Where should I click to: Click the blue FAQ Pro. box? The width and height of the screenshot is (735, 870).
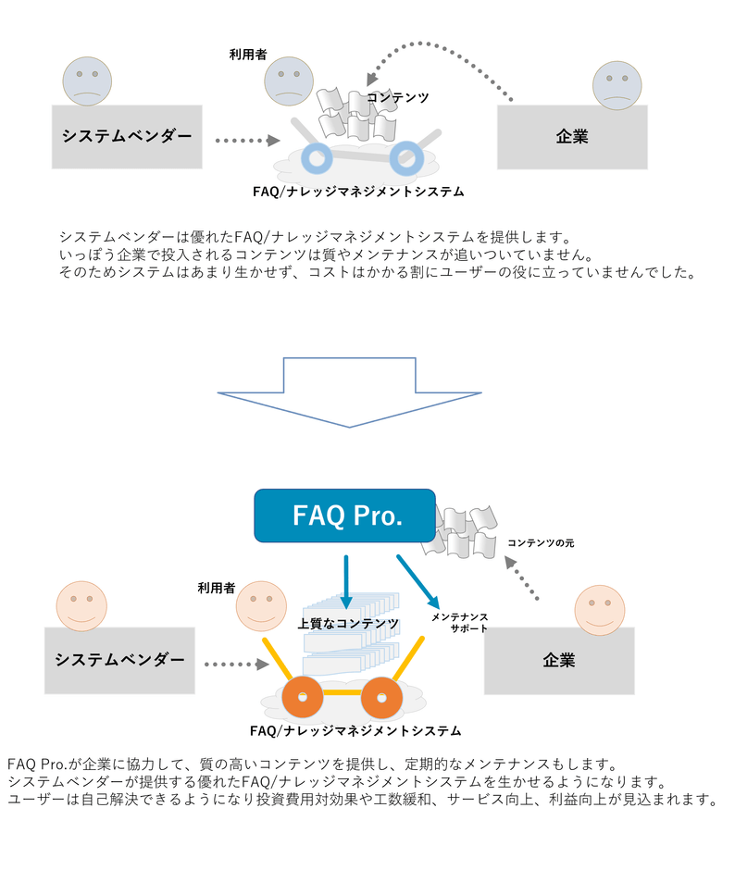344,516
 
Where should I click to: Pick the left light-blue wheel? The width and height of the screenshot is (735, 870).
317,158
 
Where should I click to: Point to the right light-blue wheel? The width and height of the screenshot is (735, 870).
405,158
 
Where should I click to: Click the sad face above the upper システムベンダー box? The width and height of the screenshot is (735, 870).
87,81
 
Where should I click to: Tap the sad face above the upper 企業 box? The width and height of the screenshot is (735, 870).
617,84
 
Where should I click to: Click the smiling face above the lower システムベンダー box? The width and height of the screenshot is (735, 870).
81,605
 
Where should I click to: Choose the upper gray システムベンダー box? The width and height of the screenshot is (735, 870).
127,136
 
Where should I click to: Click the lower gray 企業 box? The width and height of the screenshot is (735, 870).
558,661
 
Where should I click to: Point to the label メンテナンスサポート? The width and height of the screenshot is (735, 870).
459,622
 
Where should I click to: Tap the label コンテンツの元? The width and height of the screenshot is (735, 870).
541,542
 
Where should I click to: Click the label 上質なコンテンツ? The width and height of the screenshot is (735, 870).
348,624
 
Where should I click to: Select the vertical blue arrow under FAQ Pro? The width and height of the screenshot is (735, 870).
345,581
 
